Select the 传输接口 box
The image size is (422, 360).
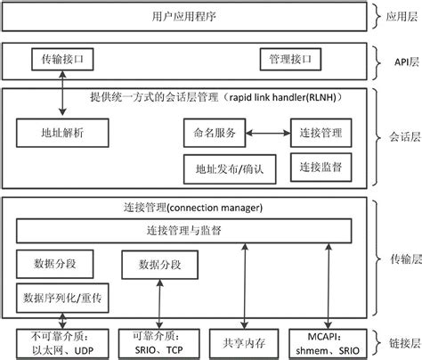click(62, 60)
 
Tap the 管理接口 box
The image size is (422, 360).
click(289, 60)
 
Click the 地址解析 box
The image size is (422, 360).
click(62, 134)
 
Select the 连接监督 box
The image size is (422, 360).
click(321, 166)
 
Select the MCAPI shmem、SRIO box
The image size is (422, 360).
click(329, 342)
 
